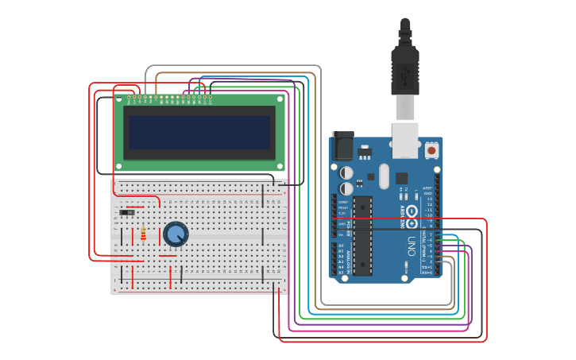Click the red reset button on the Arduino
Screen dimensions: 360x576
431,149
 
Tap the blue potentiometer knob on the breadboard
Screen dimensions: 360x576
176,234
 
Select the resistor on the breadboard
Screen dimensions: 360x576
143,234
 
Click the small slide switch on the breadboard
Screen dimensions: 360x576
126,212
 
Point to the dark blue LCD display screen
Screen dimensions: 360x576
199,133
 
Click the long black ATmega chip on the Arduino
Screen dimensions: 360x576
362,235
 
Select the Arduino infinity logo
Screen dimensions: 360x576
412,211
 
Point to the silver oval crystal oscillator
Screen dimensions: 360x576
385,176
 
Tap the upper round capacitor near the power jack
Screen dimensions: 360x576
346,172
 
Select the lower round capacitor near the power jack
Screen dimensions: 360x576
346,188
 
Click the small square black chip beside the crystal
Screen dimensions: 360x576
402,178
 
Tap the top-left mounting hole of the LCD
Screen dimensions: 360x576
118,100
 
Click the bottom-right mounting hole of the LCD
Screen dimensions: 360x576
280,165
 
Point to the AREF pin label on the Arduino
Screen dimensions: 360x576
427,188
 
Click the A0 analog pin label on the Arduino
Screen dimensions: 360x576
341,245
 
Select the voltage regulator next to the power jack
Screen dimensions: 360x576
364,151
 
